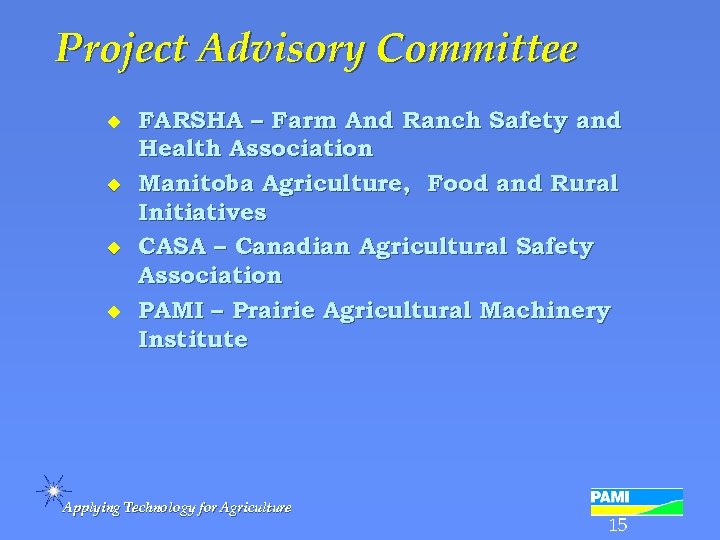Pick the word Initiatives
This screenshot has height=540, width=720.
point(202,212)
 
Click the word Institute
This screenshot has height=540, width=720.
point(193,339)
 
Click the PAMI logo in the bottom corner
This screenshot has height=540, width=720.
point(636,501)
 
